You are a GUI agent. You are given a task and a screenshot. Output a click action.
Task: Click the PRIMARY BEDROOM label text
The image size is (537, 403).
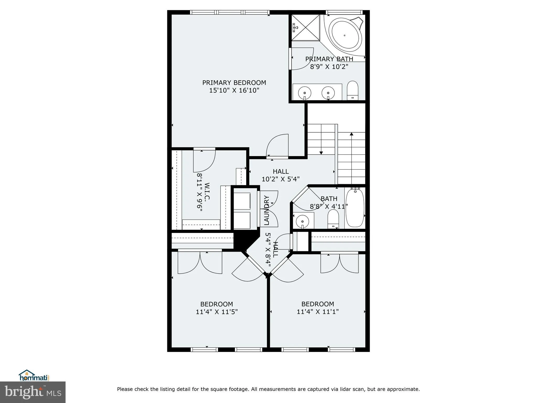pos(234,83)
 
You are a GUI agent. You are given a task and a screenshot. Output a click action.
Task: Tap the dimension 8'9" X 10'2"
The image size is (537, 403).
pos(329,67)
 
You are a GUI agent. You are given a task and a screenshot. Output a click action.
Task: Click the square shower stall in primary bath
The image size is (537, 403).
pos(306,28)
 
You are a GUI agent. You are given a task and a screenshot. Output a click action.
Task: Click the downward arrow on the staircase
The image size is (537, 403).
pos(321,152)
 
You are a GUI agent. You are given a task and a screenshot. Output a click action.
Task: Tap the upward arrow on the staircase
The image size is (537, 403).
pos(351,134)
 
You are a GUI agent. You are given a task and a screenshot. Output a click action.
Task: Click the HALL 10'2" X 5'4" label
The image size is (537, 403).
pos(281,175)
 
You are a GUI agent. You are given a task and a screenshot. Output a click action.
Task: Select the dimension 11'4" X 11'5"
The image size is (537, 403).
pos(217,312)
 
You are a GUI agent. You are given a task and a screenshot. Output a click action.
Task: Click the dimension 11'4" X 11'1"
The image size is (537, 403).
pos(318,312)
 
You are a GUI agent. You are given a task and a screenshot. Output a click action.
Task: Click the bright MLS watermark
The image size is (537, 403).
pos(33,392)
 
